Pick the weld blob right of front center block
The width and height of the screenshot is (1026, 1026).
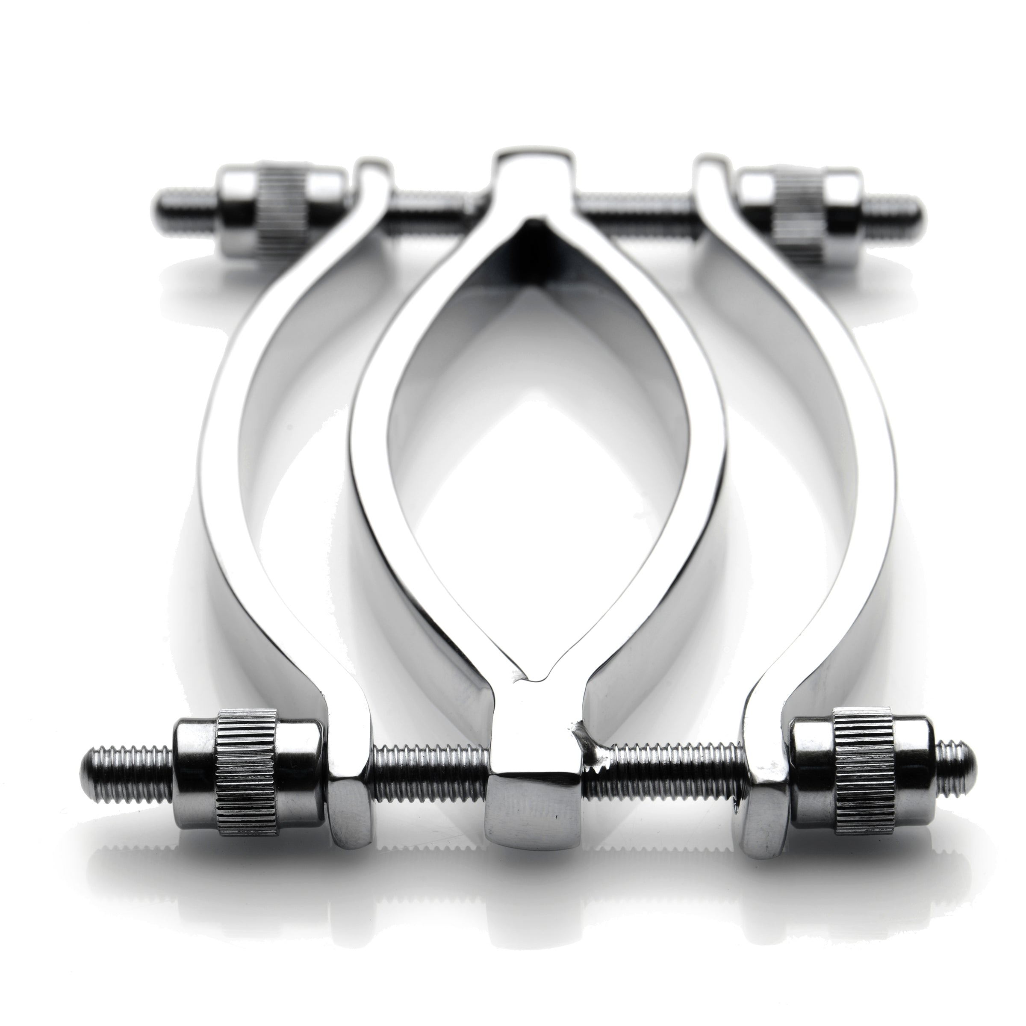click(595, 743)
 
